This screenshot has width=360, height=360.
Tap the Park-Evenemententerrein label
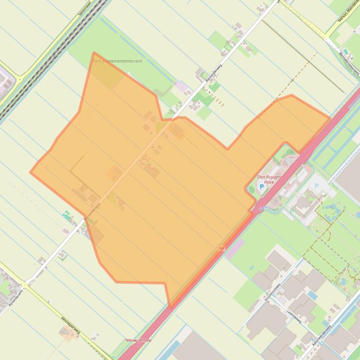(x=117, y=61)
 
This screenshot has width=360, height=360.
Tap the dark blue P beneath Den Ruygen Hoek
(x=261, y=187)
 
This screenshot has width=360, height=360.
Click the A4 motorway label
(x=221, y=248)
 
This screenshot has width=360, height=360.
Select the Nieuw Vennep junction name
(x=138, y=340)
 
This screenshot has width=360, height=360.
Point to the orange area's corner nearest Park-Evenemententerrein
(x=94, y=53)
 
